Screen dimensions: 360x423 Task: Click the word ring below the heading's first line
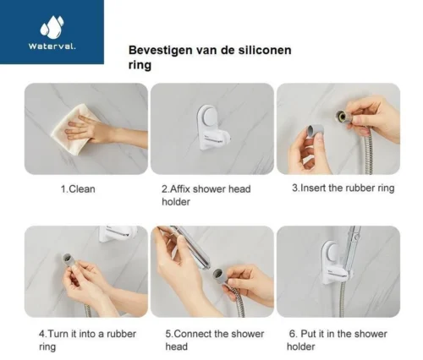140,67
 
